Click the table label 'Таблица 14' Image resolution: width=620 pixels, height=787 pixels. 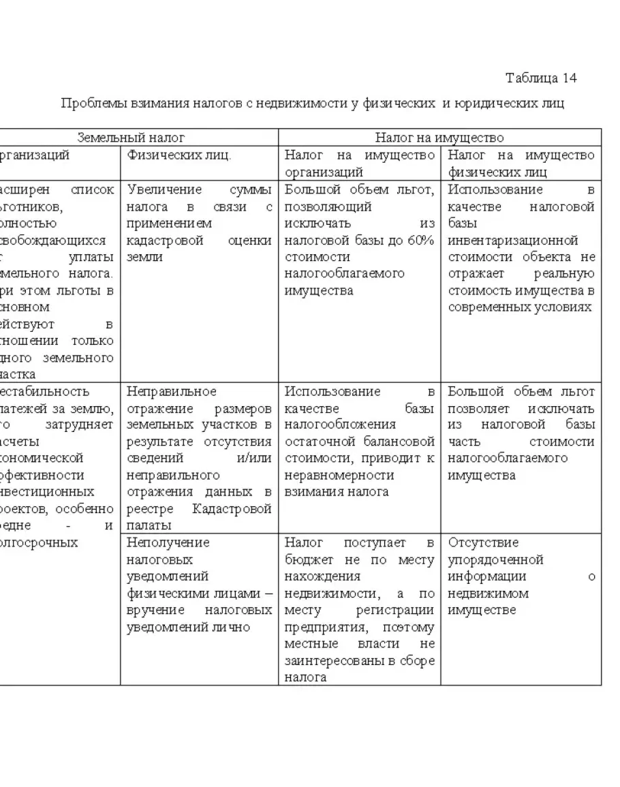(x=541, y=77)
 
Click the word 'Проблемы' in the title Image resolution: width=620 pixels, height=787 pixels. (x=87, y=104)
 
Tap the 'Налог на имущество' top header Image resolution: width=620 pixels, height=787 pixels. (x=439, y=138)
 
